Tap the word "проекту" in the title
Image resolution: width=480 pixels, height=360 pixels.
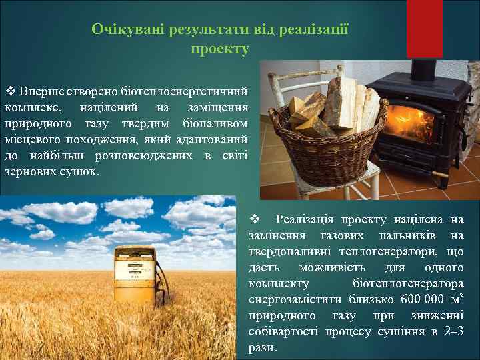pos(220,49)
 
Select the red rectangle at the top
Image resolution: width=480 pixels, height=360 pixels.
pos(424,27)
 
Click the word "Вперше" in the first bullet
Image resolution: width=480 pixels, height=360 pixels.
pos(41,91)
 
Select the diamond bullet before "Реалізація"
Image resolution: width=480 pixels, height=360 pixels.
pos(253,219)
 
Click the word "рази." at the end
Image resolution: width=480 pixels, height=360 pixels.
pos(262,347)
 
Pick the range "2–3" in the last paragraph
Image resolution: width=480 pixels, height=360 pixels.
pos(453,331)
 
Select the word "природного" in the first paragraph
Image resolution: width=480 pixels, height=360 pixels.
pos(33,123)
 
